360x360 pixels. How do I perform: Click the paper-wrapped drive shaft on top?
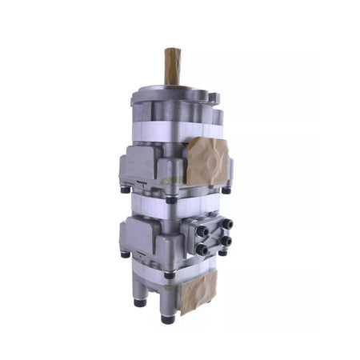coord(172,66)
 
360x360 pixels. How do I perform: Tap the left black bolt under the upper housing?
coord(125,190)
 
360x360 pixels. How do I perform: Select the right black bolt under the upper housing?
coord(226,190)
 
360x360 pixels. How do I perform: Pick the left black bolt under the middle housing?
coord(125,254)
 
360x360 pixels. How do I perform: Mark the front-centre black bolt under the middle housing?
coord(169,274)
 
